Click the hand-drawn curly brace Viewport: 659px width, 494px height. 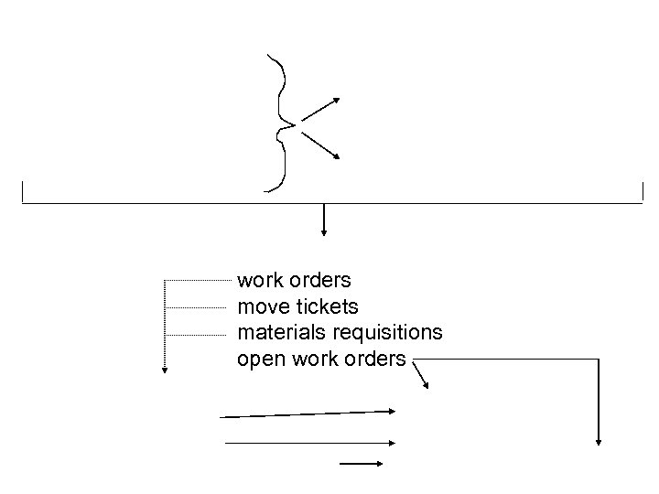(276, 123)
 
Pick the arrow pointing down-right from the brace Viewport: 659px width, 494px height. (320, 145)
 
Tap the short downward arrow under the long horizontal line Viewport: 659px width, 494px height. (324, 220)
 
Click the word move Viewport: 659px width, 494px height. (260, 306)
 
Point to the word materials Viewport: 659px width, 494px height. (275, 332)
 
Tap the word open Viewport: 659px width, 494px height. (260, 359)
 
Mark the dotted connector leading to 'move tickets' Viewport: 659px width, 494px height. (200, 306)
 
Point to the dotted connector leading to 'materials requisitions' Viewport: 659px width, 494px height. (200, 334)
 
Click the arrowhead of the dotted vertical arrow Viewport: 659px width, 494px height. (164, 370)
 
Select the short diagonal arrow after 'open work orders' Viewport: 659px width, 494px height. (422, 375)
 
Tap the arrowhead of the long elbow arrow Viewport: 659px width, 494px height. (599, 440)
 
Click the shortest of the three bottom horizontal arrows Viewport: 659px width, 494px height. (361, 464)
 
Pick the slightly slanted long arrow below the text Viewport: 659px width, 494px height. (308, 414)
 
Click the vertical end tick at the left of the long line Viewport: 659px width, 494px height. (22, 192)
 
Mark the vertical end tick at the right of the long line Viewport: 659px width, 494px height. (643, 192)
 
